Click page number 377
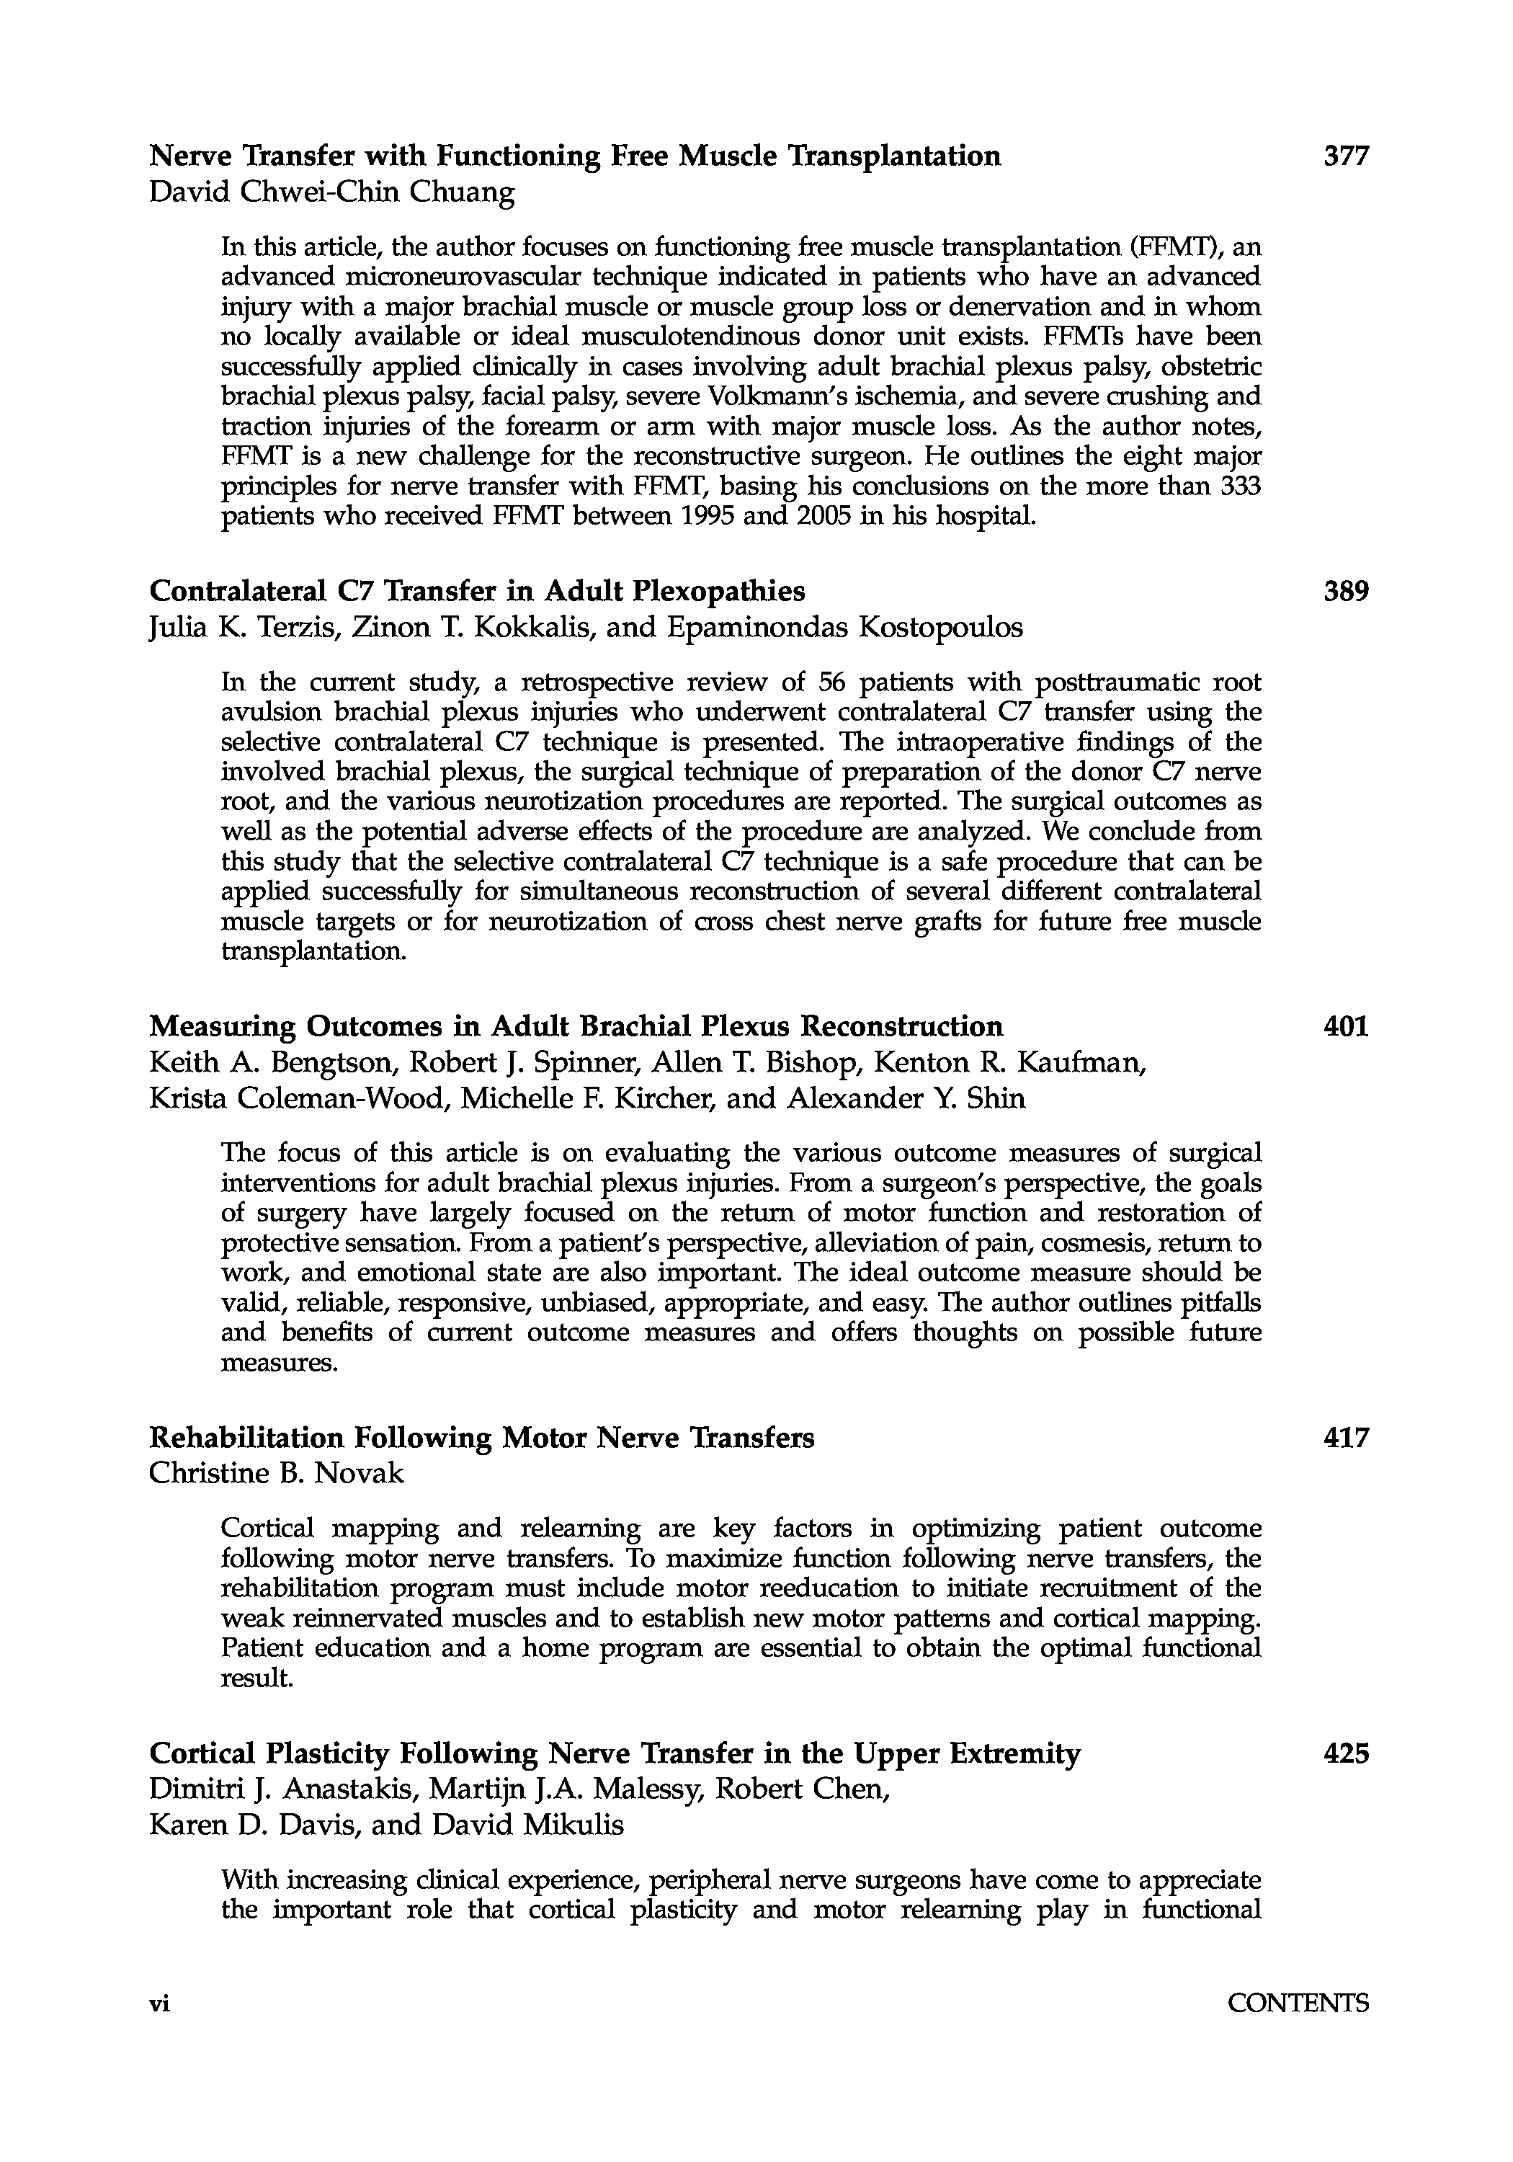point(1345,156)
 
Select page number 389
point(1345,592)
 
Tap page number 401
point(1345,1026)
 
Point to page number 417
point(1345,1438)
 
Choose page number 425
point(1345,1753)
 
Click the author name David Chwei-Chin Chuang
point(332,193)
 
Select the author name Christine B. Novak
point(276,1474)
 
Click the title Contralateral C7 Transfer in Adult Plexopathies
point(478,592)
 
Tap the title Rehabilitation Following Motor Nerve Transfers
point(482,1438)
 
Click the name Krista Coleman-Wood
point(297,1099)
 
